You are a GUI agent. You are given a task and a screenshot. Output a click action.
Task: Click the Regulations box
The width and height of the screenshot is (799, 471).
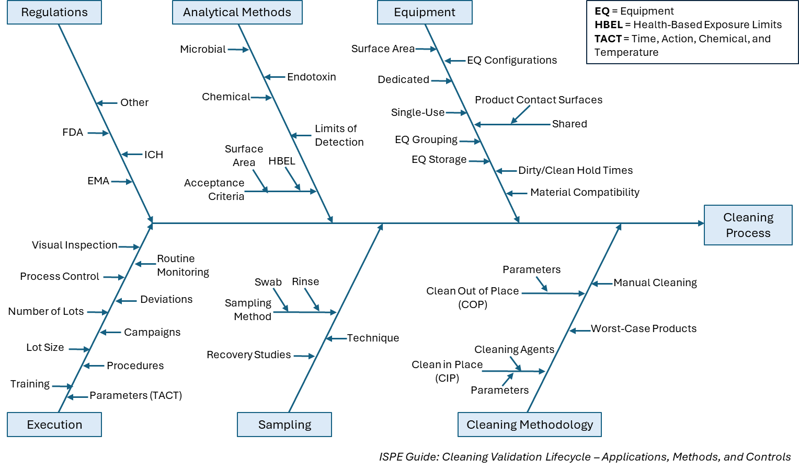pyautogui.click(x=54, y=13)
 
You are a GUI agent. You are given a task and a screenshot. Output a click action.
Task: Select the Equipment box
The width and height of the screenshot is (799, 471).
pyautogui.click(x=425, y=13)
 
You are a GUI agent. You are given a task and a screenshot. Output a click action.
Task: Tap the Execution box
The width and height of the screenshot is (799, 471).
pyautogui.click(x=54, y=425)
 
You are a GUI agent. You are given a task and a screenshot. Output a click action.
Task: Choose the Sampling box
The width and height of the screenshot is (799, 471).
pyautogui.click(x=284, y=425)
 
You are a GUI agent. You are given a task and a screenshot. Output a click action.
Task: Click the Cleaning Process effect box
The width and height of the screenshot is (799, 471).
pyautogui.click(x=748, y=225)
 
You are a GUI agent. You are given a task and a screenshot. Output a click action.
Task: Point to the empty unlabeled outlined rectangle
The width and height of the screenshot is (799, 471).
pyautogui.click(x=692, y=32)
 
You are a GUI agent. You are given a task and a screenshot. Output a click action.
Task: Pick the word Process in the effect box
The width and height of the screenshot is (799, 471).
pyautogui.click(x=748, y=233)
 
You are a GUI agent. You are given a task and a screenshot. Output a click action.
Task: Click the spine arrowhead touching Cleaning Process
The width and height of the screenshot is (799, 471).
pyautogui.click(x=701, y=223)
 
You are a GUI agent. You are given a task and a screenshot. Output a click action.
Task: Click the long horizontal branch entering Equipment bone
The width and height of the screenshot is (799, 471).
pyautogui.click(x=523, y=125)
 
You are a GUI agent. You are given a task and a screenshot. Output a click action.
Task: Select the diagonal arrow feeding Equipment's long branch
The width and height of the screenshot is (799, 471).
pyautogui.click(x=521, y=114)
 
